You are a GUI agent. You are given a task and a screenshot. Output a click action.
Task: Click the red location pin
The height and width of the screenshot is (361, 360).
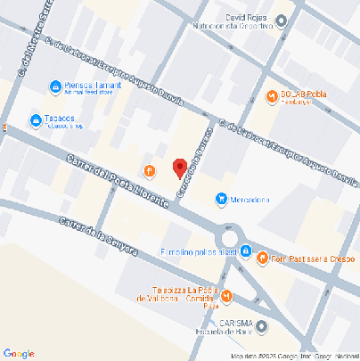[x=178, y=167]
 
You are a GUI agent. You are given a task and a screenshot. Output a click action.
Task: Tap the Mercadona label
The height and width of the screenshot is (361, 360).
[x=250, y=200]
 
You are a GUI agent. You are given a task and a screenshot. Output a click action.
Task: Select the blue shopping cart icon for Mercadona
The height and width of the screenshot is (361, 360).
[x=220, y=200]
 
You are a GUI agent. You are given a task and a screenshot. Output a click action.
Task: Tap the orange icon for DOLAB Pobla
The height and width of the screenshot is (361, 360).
[x=272, y=95]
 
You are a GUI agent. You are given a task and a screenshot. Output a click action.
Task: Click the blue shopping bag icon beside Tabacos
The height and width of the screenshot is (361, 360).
[x=35, y=120]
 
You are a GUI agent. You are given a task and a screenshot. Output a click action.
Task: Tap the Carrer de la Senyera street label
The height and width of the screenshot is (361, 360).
[x=98, y=236]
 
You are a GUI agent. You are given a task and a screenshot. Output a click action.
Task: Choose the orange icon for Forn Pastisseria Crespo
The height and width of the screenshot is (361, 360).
[x=262, y=258]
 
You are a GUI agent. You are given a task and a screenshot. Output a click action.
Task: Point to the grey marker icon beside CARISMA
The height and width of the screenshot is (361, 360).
[x=261, y=326]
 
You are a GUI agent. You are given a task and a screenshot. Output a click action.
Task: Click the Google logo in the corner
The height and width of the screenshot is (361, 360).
[x=18, y=353]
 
